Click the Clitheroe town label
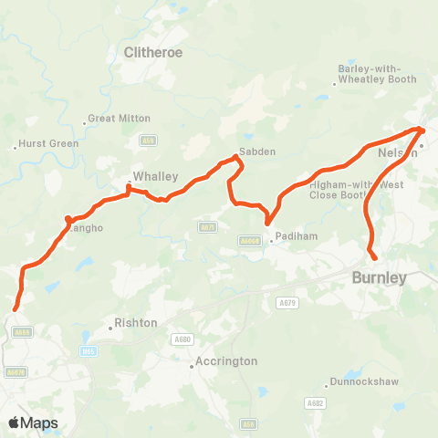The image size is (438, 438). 153,52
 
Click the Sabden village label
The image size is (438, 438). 256,151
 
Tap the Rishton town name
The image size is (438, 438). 136,323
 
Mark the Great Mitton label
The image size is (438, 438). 113,120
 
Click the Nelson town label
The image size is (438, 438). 397,152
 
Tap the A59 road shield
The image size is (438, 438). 148,140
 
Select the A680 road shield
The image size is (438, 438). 181,339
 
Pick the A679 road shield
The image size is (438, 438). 288,302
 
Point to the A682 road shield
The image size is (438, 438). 316,402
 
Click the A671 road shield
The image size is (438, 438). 208,226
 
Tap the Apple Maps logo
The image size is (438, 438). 34,423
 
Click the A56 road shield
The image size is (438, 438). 249,423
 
